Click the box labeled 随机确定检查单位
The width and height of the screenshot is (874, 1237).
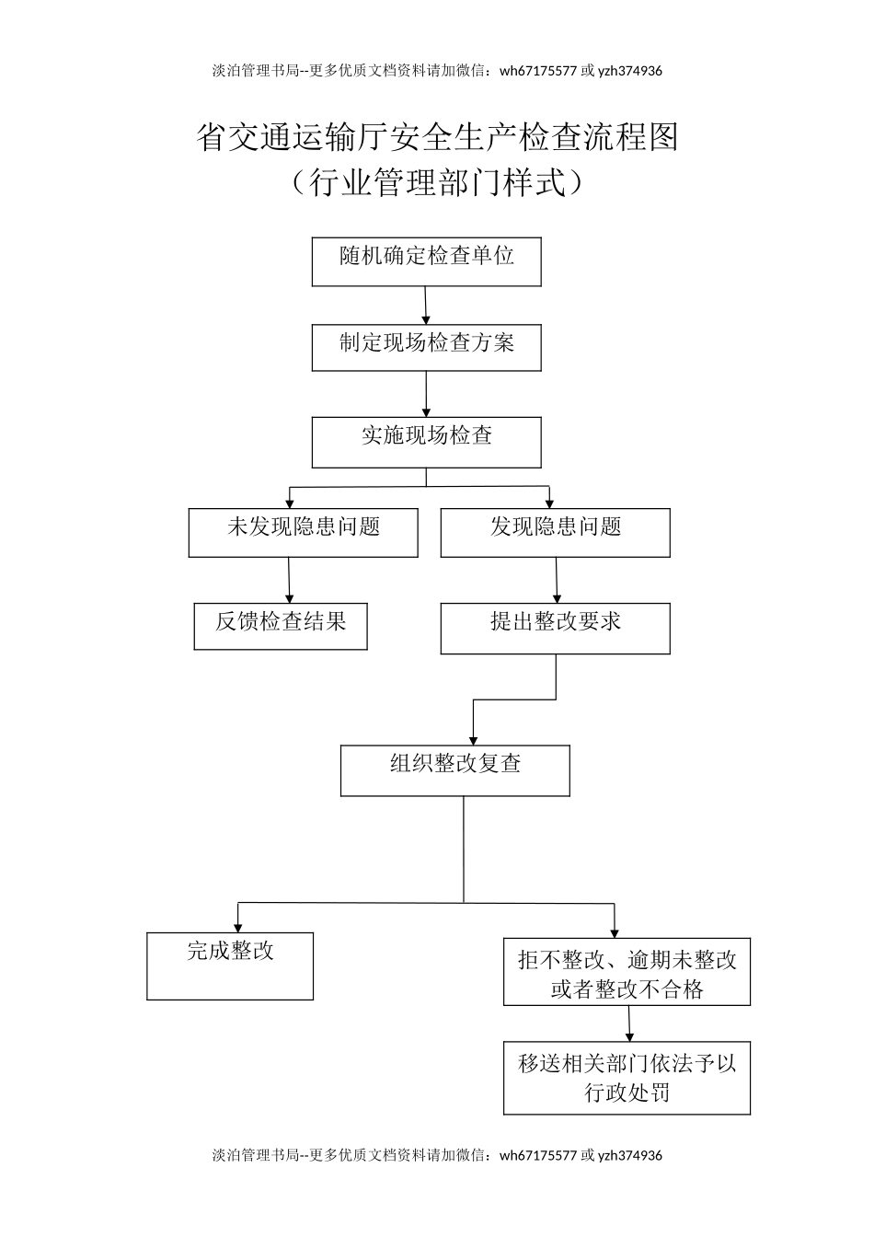[x=426, y=261]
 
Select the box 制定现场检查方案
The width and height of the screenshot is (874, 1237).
[x=426, y=347]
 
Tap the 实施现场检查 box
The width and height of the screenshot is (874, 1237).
[x=426, y=442]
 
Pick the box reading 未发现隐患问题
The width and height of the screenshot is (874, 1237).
[x=303, y=533]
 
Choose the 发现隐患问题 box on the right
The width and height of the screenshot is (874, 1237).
[x=555, y=533]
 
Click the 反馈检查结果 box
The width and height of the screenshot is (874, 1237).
[x=281, y=626]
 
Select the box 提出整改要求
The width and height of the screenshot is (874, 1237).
[x=555, y=629]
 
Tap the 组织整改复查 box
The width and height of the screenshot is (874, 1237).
[x=454, y=770]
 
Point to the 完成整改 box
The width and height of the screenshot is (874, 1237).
[x=230, y=965]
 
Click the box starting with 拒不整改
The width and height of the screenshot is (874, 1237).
[x=627, y=972]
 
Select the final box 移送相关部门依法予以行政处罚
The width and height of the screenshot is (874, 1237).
[x=627, y=1078]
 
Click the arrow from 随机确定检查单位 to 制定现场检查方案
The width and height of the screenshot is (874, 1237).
[x=426, y=306]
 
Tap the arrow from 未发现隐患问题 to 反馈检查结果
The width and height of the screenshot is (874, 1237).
[x=289, y=580]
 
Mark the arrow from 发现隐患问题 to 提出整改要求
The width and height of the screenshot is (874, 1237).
[x=556, y=580]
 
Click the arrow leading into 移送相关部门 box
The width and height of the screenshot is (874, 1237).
[x=629, y=1023]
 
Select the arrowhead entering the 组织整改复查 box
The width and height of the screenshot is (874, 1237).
[x=474, y=738]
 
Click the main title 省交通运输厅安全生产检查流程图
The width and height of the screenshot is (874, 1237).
[x=437, y=137]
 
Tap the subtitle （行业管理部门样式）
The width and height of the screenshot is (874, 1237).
[x=437, y=182]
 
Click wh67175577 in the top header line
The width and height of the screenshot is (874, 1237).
[x=538, y=71]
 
